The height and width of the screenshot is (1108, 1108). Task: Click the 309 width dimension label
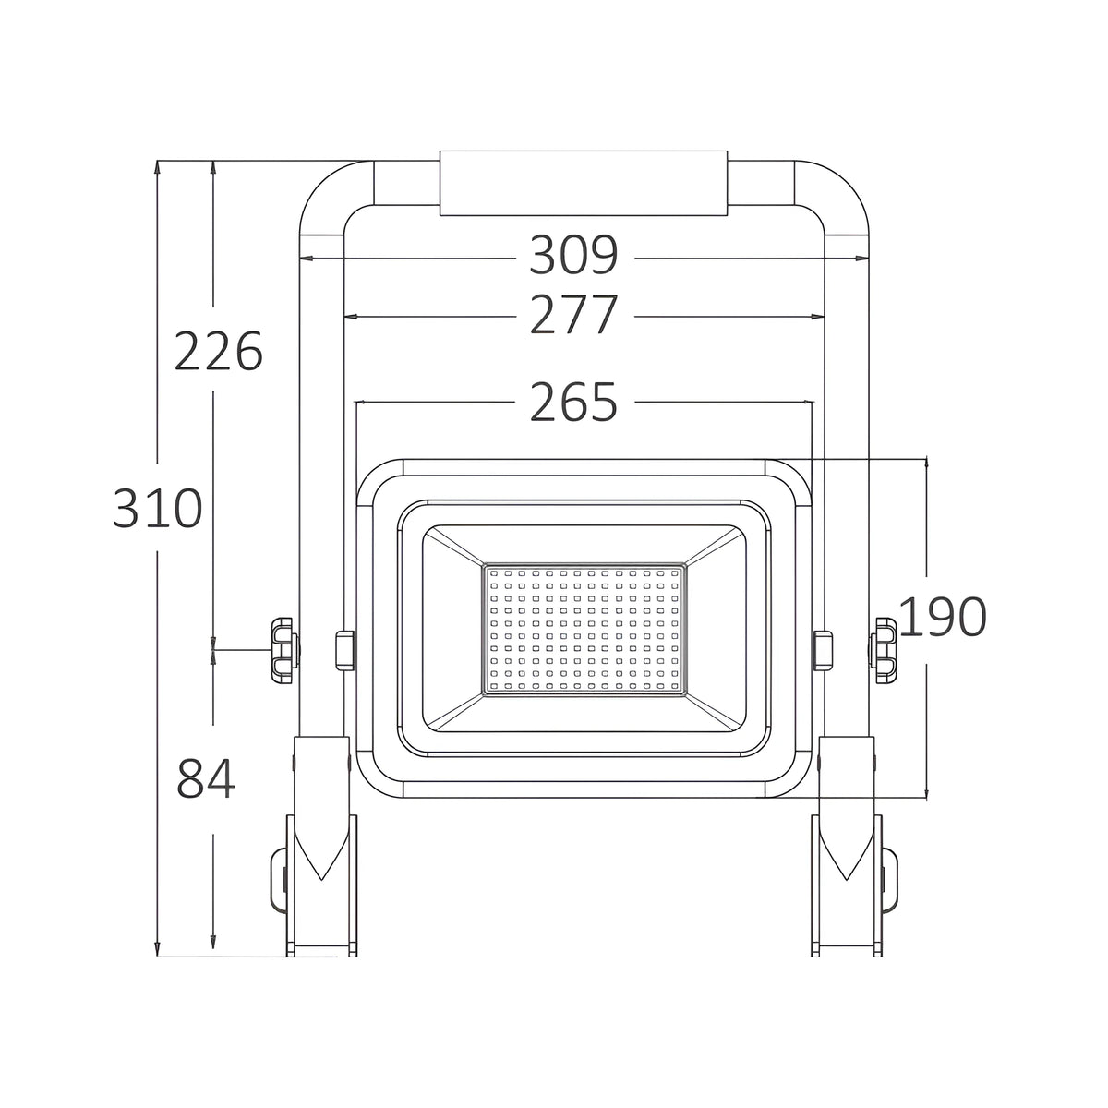[x=573, y=255]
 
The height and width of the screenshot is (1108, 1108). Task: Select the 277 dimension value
[x=573, y=314]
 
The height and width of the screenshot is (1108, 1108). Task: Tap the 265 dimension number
[x=573, y=402]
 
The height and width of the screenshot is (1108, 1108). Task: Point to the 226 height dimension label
[x=219, y=351]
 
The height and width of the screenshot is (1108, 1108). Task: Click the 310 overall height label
[x=158, y=507]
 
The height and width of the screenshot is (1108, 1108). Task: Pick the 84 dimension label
[x=206, y=778]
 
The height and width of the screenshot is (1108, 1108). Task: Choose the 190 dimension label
[x=943, y=617]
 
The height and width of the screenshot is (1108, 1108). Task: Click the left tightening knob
[x=285, y=650]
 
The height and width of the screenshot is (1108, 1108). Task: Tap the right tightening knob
[x=883, y=650]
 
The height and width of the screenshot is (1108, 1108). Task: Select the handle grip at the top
[x=584, y=184]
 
